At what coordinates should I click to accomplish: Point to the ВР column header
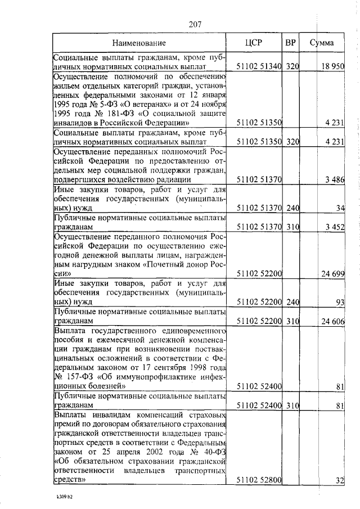coord(290,42)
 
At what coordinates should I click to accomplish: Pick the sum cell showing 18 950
coord(332,66)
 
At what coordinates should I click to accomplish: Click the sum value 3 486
coord(335,179)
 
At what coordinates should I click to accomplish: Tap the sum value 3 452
coord(335,227)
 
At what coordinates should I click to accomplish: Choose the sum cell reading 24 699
coord(333,274)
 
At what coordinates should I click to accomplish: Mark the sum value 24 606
coord(333,321)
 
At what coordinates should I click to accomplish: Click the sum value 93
coord(340,302)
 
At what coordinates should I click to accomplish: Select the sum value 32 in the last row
coord(340,480)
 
